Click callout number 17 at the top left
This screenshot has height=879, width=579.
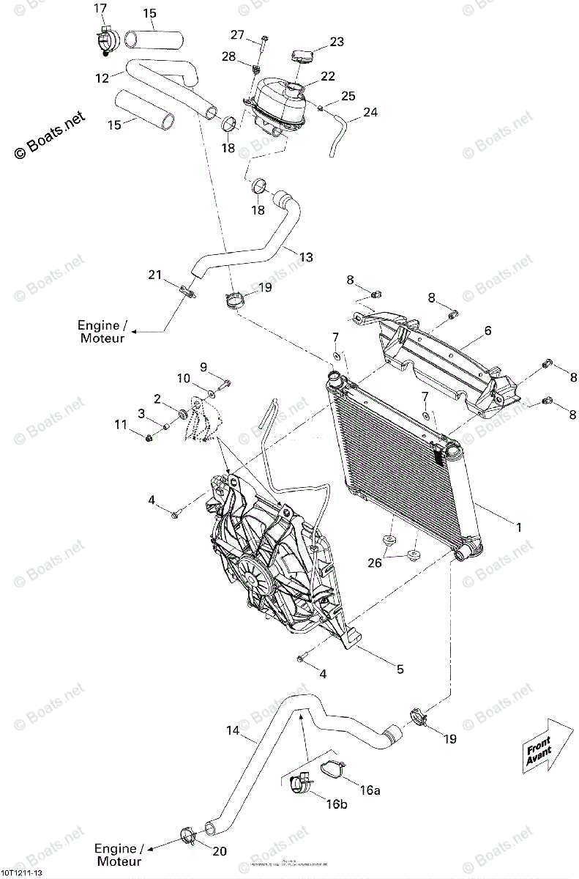(100, 8)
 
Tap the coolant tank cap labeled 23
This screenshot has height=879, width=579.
(302, 56)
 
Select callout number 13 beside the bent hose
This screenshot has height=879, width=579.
(306, 257)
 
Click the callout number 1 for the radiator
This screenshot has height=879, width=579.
(519, 527)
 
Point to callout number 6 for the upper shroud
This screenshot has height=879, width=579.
(488, 331)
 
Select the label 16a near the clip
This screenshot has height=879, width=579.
(371, 790)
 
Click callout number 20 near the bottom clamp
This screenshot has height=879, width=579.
(220, 852)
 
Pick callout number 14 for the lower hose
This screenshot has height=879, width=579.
(232, 730)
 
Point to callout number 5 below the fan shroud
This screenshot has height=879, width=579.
(400, 669)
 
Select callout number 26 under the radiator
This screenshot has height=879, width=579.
(396, 563)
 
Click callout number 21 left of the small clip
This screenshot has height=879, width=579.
(154, 275)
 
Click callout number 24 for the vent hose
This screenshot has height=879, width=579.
(371, 113)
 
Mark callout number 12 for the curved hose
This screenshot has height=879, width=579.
(102, 78)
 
